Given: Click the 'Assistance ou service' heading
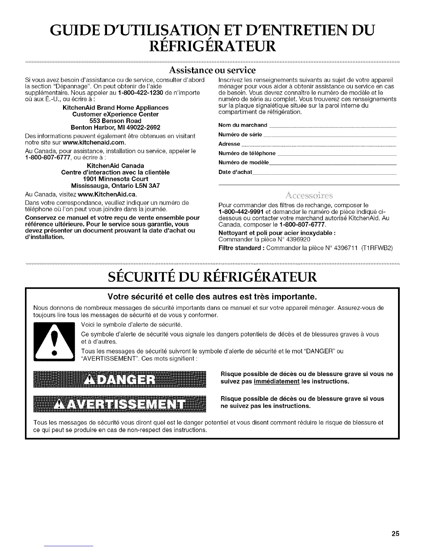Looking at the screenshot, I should [212, 70].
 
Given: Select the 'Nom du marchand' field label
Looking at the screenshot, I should [243, 125].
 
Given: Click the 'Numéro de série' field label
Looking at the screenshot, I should [240, 134].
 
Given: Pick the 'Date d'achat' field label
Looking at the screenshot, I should [235, 172].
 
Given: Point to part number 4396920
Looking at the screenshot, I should [298, 239].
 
